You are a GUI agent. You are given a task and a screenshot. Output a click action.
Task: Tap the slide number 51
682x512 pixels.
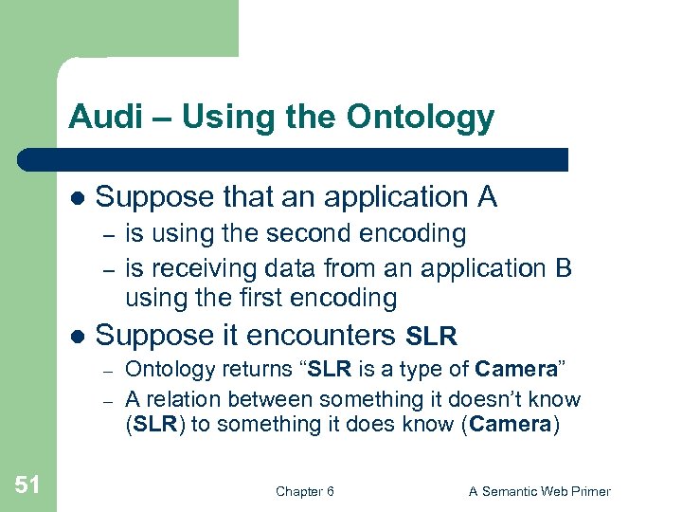(x=27, y=485)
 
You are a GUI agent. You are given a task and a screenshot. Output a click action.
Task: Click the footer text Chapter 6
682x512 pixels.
(x=304, y=491)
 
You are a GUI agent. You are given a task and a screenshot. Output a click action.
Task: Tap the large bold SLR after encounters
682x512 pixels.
(x=432, y=337)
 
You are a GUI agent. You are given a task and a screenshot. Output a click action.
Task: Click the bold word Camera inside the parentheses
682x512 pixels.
(x=510, y=424)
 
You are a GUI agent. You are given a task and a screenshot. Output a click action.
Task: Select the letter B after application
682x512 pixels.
(x=564, y=269)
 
